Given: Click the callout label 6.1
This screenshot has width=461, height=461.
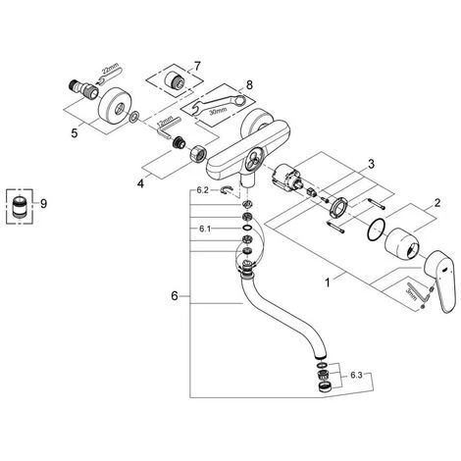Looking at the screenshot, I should [205, 230].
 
